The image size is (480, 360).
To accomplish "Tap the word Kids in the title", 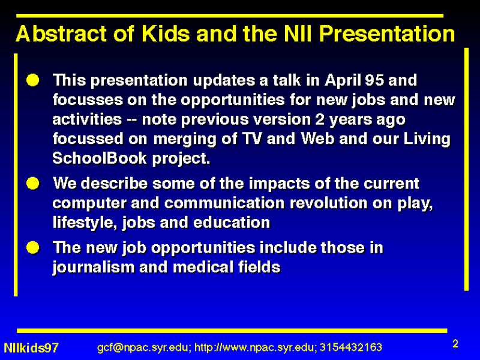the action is (166, 34).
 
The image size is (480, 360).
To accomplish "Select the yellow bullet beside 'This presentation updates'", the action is (33, 80).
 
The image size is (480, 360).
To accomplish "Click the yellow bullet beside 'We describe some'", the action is (33, 184).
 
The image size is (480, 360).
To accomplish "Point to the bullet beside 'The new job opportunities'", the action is (33, 248).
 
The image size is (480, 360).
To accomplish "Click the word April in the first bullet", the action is (343, 81).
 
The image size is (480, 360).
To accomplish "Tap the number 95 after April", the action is (374, 80).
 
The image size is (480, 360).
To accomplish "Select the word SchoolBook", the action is (100, 158).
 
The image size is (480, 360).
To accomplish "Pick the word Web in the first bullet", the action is (317, 139).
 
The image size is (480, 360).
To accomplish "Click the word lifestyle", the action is (85, 223).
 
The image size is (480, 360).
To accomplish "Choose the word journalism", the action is (93, 268).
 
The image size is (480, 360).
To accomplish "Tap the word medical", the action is (203, 267).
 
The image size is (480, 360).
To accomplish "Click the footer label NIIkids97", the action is (31, 348).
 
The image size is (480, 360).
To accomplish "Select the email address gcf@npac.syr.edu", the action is (144, 348).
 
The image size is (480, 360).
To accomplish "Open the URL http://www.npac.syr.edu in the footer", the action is (254, 348).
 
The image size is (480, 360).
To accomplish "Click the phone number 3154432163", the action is (351, 347).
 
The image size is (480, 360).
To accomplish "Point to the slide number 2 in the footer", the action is (455, 343).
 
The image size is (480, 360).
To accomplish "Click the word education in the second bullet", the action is (232, 223).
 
